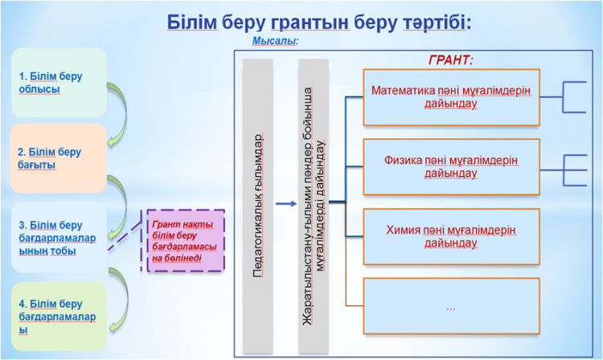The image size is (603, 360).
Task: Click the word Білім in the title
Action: click(x=192, y=22)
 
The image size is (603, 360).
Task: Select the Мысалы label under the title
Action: click(x=276, y=40)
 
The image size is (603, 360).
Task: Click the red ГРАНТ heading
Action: click(x=450, y=60)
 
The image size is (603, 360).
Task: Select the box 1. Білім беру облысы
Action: click(x=59, y=82)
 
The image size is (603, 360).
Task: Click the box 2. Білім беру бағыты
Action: click(x=59, y=157)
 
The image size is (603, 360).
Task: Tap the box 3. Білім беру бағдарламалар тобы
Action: click(x=59, y=237)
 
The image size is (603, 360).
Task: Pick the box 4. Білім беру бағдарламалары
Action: click(x=59, y=316)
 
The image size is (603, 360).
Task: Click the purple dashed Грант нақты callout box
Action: click(x=186, y=240)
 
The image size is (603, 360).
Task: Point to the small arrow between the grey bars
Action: click(x=285, y=203)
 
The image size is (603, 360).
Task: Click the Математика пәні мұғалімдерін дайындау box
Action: click(x=450, y=97)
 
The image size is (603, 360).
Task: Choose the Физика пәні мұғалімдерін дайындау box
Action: click(x=450, y=166)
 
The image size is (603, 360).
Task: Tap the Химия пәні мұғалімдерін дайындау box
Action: click(x=450, y=236)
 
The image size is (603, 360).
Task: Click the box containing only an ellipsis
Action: click(x=450, y=305)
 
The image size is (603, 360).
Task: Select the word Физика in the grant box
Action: click(x=404, y=160)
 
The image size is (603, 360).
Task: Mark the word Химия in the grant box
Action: click(x=404, y=230)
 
